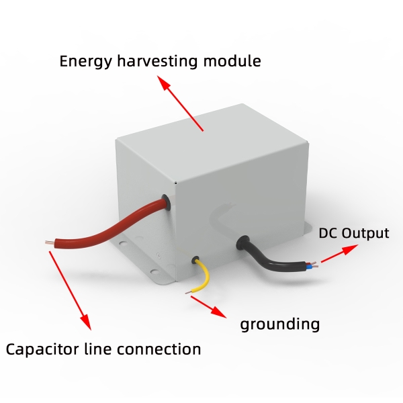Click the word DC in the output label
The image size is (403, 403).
tap(328, 234)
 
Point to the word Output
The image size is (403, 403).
tap(365, 234)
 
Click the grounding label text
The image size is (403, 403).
tap(280, 325)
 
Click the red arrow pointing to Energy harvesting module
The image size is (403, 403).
tap(180, 104)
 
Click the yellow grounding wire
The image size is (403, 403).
tap(204, 275)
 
